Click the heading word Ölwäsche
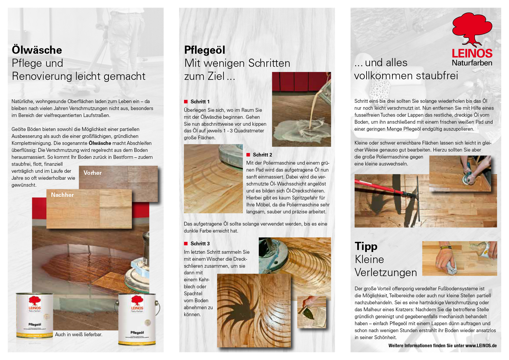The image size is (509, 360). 37,50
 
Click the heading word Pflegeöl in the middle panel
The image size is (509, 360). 205,50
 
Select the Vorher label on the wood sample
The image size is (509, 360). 93,173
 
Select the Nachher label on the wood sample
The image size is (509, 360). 62,195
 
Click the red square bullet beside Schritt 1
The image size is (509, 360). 186,102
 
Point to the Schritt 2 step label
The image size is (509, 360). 262,155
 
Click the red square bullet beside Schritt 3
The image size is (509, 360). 186,244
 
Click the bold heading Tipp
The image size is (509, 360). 366,246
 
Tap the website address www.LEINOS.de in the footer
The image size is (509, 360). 481,345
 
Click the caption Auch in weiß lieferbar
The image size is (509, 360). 79,334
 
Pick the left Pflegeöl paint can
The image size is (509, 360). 35,315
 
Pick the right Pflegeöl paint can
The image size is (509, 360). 137,319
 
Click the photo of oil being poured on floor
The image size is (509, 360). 301,109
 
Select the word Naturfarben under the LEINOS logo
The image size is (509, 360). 472,63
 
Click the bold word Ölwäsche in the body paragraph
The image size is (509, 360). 100,143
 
